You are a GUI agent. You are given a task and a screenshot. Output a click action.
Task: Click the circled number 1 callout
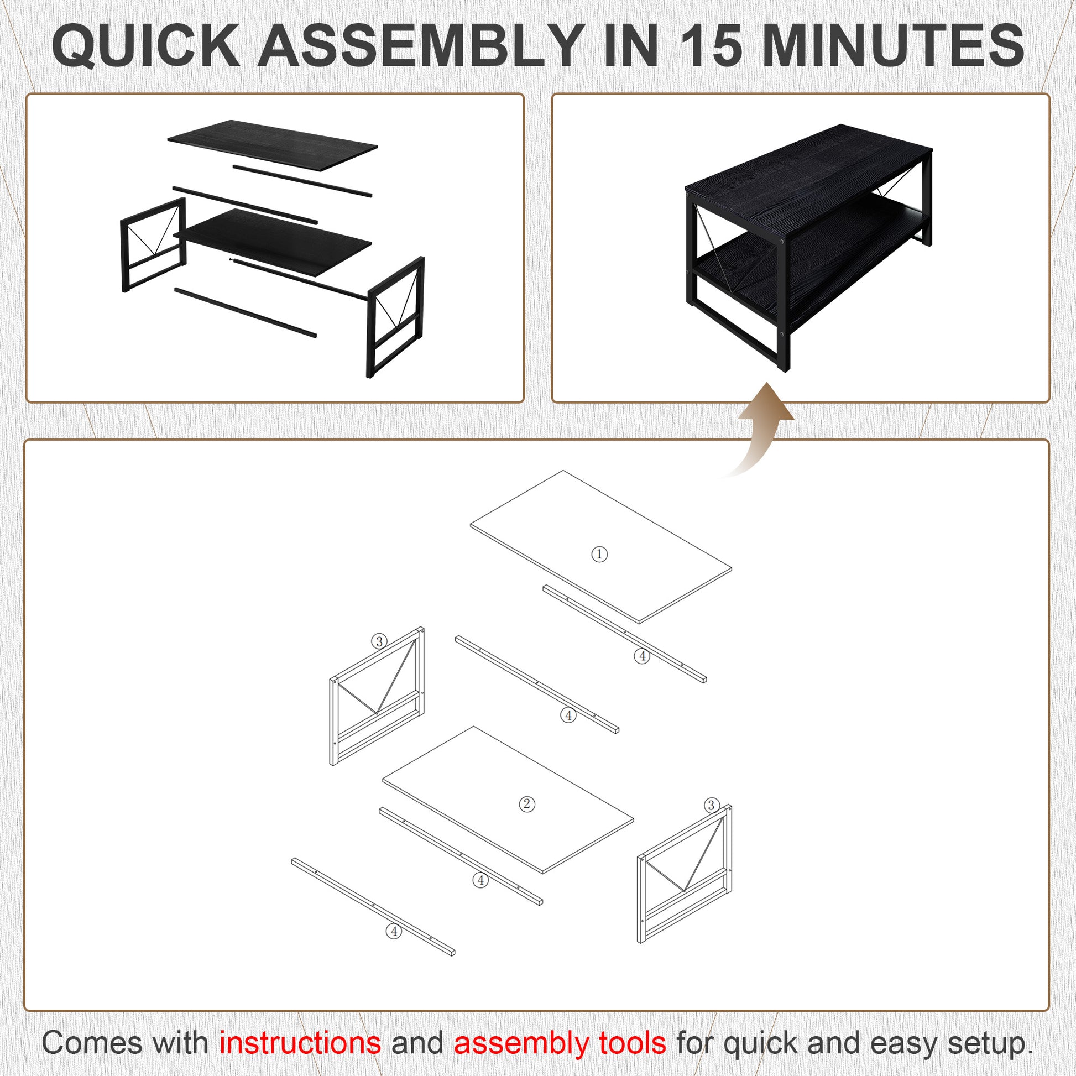coord(599,554)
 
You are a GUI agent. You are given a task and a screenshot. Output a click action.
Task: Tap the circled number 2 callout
coord(527,803)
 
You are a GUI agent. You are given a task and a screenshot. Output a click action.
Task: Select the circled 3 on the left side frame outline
coord(379,641)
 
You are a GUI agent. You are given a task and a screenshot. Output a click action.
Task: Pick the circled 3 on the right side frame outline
coord(711,805)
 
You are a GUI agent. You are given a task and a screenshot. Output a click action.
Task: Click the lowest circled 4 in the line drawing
coord(394,931)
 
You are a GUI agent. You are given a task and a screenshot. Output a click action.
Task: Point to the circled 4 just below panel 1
coord(642,656)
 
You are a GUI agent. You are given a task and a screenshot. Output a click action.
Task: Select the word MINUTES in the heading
coord(893,48)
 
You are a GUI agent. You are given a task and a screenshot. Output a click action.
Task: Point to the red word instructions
coord(300,1043)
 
